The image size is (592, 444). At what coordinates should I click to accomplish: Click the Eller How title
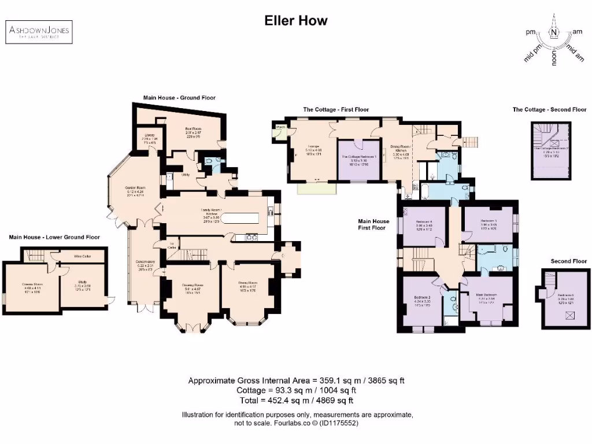(x=296, y=21)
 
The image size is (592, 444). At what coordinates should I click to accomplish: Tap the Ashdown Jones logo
(x=39, y=32)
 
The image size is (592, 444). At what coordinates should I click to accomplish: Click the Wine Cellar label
(x=83, y=255)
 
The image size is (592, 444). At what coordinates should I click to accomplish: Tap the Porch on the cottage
(x=281, y=127)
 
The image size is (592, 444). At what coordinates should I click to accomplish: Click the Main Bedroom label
(x=489, y=282)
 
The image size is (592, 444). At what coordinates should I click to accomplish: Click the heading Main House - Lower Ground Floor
(x=54, y=237)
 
